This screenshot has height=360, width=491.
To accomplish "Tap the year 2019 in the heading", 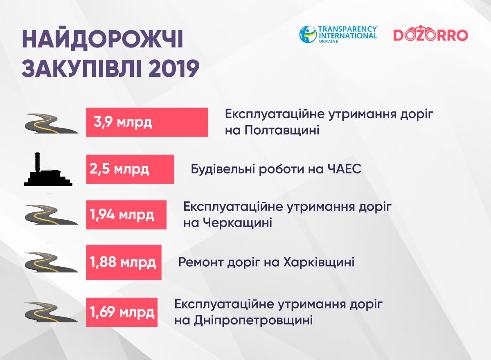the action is coord(174,68).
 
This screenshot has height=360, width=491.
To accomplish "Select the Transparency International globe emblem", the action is coord(308,34).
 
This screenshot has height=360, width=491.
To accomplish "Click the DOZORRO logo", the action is coord(431,34).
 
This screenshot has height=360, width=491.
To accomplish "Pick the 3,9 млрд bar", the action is coord(147,122).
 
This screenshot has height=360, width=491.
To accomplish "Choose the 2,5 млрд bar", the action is coord(130,169).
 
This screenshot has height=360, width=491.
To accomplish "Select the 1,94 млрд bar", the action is coord(126,215).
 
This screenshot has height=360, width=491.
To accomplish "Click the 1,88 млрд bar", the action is coord(124,262).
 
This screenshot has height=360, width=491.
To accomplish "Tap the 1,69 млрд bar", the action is coord(122,312).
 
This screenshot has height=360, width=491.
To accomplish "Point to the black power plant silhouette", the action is coord(48,169).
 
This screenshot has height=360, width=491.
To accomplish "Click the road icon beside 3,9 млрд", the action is coord(51,124).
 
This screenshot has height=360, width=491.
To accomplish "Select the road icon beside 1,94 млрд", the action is coord(51,215).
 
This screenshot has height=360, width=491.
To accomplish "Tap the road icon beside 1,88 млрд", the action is coord(51,262).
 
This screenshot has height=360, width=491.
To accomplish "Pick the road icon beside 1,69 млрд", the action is coord(51,312).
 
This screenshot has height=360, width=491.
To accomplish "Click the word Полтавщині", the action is coord(282,130).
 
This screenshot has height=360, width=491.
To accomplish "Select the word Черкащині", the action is coord(238,223).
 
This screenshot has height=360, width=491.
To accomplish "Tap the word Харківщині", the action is coord(319,262).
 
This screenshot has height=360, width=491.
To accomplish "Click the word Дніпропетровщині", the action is coord(253,321).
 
